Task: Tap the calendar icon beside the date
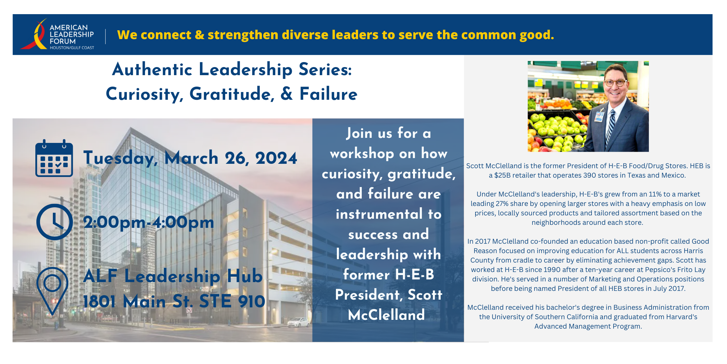click(54, 158)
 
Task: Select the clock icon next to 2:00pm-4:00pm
click(55, 222)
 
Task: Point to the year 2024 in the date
click(276, 158)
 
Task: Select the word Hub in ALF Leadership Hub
click(244, 276)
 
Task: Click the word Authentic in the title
click(152, 69)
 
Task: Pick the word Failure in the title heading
click(328, 94)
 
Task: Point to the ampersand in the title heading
click(286, 94)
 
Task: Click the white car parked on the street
click(298, 322)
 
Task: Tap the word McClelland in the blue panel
click(386, 315)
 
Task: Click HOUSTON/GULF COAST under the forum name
click(72, 48)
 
